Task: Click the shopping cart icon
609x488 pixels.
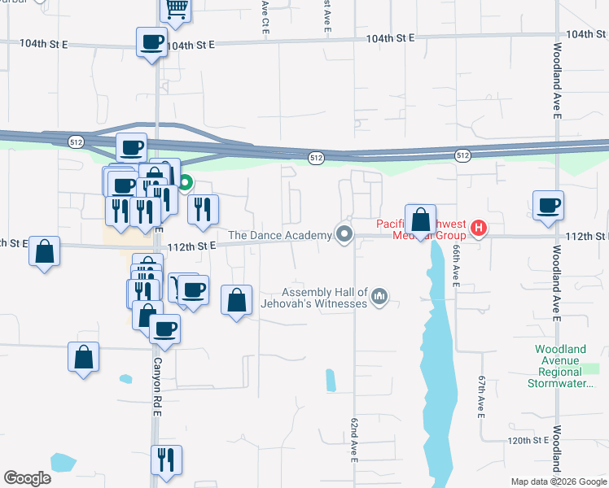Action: point(177,10)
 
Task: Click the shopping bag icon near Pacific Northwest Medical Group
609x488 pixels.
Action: point(420,220)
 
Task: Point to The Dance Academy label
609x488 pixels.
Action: point(279,235)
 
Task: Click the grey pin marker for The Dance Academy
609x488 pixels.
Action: point(344,235)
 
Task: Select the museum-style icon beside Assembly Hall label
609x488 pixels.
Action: point(379,298)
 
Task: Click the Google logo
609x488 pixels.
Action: point(27,478)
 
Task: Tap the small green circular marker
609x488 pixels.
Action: point(186,183)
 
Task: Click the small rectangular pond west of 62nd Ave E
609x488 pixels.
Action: point(330,380)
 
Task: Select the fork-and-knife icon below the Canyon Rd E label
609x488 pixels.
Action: point(166,460)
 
